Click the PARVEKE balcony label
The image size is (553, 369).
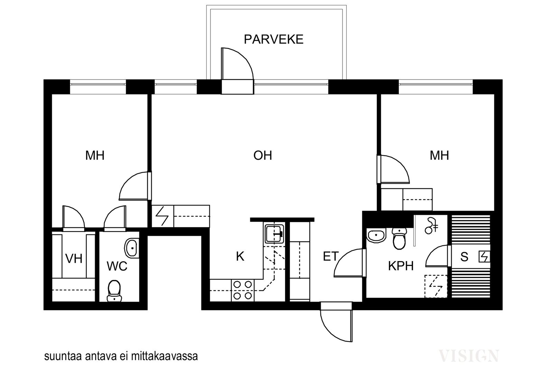273,39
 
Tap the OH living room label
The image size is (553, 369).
263,155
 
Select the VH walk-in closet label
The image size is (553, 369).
74,259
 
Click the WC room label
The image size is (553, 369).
117,266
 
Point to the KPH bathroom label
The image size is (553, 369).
401,266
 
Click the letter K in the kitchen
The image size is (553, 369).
240,256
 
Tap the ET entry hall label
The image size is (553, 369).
330,256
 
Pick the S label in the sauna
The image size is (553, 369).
465,257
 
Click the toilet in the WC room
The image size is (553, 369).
114,291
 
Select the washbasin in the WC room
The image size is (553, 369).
132,248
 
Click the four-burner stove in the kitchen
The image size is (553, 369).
242,290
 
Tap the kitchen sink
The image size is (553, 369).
274,233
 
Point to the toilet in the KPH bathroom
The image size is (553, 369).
399,238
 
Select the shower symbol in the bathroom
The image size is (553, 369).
431,225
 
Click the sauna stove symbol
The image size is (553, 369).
484,257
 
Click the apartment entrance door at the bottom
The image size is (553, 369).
336,325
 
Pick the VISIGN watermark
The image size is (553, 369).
469,356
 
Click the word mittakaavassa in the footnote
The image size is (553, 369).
164,357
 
